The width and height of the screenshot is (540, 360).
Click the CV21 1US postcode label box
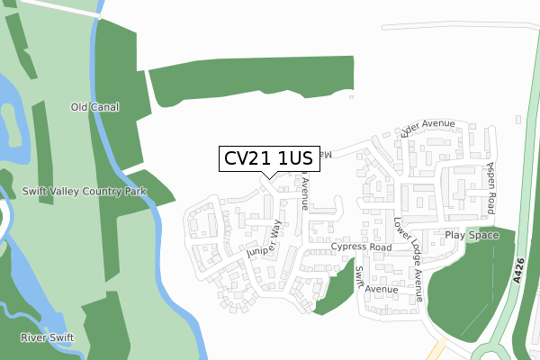tap(266, 158)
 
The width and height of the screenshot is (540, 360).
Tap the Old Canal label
tap(95, 107)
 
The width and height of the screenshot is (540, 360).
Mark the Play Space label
tap(471, 235)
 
